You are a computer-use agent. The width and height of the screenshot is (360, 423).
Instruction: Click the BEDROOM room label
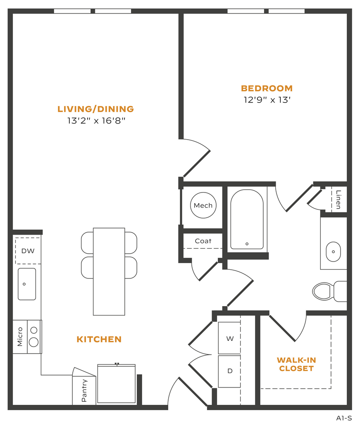tap(267, 88)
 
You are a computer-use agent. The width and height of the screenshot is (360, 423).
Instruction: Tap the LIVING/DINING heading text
tap(96, 109)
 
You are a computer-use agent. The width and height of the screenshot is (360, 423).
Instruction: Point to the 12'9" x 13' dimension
tap(267, 100)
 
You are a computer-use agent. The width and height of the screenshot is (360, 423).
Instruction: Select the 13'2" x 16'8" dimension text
tap(96, 121)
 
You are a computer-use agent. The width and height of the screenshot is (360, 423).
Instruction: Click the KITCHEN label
tap(99, 340)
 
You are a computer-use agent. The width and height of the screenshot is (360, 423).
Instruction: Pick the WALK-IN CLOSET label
tap(296, 364)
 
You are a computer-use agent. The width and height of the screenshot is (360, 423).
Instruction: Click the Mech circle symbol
tap(203, 205)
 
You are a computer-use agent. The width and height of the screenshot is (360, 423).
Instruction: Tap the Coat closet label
tap(203, 241)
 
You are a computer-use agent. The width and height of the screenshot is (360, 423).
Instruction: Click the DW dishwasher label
tap(28, 251)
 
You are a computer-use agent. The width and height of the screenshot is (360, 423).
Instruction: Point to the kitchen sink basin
tap(27, 284)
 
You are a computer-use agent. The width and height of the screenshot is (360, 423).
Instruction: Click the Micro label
tap(20, 337)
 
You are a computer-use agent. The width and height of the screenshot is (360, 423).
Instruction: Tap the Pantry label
tap(84, 391)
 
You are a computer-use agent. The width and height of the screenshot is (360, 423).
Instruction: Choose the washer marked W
tap(229, 338)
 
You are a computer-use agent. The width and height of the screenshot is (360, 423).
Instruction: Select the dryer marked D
tap(229, 371)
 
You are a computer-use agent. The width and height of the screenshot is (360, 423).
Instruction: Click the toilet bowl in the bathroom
tap(322, 291)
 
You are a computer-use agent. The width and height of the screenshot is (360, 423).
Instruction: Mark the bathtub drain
tap(247, 244)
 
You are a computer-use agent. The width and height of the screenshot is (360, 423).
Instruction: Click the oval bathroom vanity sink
tap(333, 252)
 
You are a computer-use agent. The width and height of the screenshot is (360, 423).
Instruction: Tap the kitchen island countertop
tap(109, 272)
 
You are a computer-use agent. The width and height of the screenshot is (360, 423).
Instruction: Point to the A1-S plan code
tap(344, 418)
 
